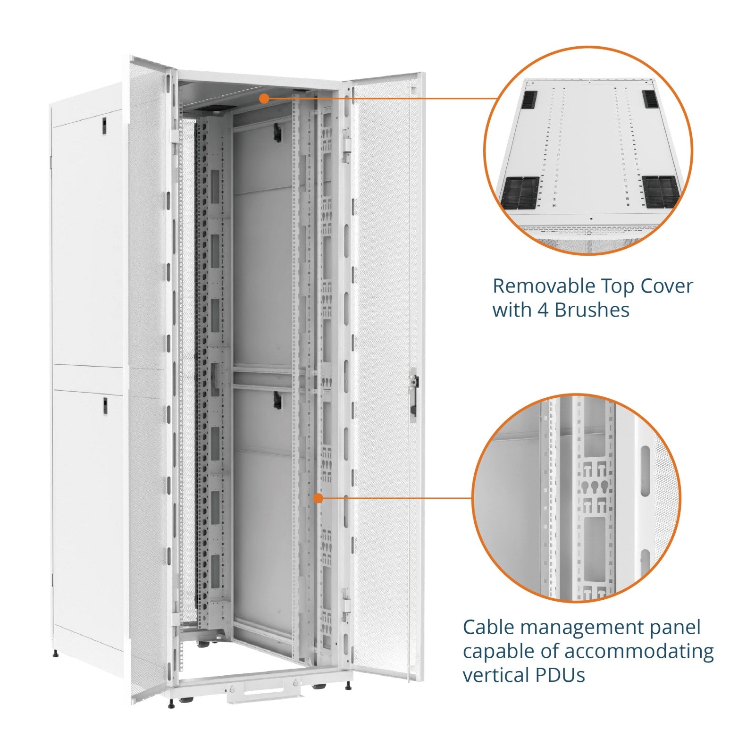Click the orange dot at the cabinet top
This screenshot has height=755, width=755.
coord(264,98)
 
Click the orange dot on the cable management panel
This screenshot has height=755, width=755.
coord(319,498)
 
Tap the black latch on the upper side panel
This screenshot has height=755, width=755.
coord(104,124)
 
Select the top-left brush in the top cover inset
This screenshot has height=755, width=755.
coord(529,100)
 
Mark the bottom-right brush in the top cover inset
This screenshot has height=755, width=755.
coord(662,192)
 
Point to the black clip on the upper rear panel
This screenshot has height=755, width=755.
coord(277,133)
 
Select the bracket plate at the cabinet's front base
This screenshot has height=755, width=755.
coord(263,691)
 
